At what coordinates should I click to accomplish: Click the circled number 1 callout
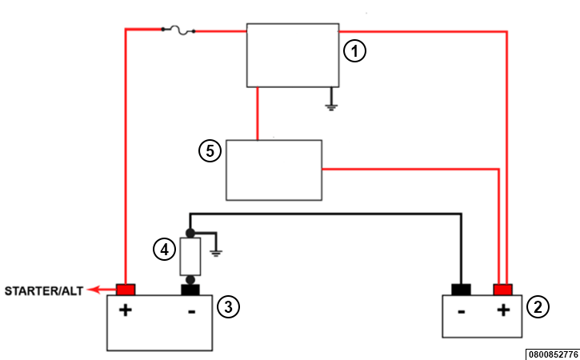click(x=354, y=51)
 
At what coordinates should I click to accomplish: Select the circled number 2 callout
click(x=538, y=306)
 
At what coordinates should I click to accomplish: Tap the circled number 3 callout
click(x=228, y=306)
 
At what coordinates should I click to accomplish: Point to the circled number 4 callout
click(x=164, y=250)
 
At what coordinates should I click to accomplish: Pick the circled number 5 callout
click(x=210, y=151)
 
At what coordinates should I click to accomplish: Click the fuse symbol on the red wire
click(x=178, y=30)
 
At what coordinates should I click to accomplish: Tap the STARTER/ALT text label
click(x=44, y=291)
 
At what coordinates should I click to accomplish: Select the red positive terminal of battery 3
click(x=126, y=290)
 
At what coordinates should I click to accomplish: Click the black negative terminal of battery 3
click(x=190, y=290)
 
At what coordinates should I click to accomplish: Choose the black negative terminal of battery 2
click(x=461, y=290)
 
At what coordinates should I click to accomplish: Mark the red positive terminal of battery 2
click(x=502, y=290)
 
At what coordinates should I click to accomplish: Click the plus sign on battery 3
click(x=126, y=310)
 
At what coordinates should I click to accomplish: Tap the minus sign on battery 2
click(x=462, y=312)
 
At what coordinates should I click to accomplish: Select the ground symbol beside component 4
click(x=216, y=253)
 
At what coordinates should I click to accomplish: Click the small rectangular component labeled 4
click(x=190, y=257)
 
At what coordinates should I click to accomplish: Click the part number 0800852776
click(x=553, y=354)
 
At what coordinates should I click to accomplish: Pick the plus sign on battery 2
click(x=503, y=310)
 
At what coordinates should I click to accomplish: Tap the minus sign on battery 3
click(x=192, y=312)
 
